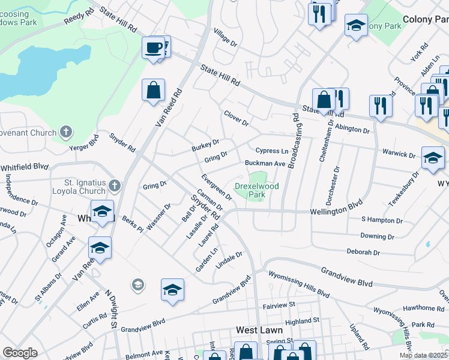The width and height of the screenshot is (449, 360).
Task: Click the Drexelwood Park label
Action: click(x=256, y=191)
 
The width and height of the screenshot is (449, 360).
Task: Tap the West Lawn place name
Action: click(x=256, y=330)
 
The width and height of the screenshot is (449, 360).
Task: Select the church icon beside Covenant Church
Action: click(x=66, y=131)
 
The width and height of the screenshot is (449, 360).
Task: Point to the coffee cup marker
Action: click(x=154, y=47)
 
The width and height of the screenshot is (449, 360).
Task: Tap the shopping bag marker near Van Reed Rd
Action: click(x=154, y=90)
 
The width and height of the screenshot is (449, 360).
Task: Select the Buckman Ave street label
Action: click(x=264, y=163)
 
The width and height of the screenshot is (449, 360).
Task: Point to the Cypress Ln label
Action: click(x=272, y=151)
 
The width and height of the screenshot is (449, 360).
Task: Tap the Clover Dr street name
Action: click(x=236, y=118)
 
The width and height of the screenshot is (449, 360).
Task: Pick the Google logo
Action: click(x=20, y=353)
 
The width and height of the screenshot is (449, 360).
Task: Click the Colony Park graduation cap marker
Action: click(x=356, y=25)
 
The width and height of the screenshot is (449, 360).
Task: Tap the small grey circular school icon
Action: click(x=138, y=284)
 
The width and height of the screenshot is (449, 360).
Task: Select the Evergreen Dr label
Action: click(x=217, y=187)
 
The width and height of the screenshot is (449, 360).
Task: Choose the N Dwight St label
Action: click(x=110, y=309)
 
